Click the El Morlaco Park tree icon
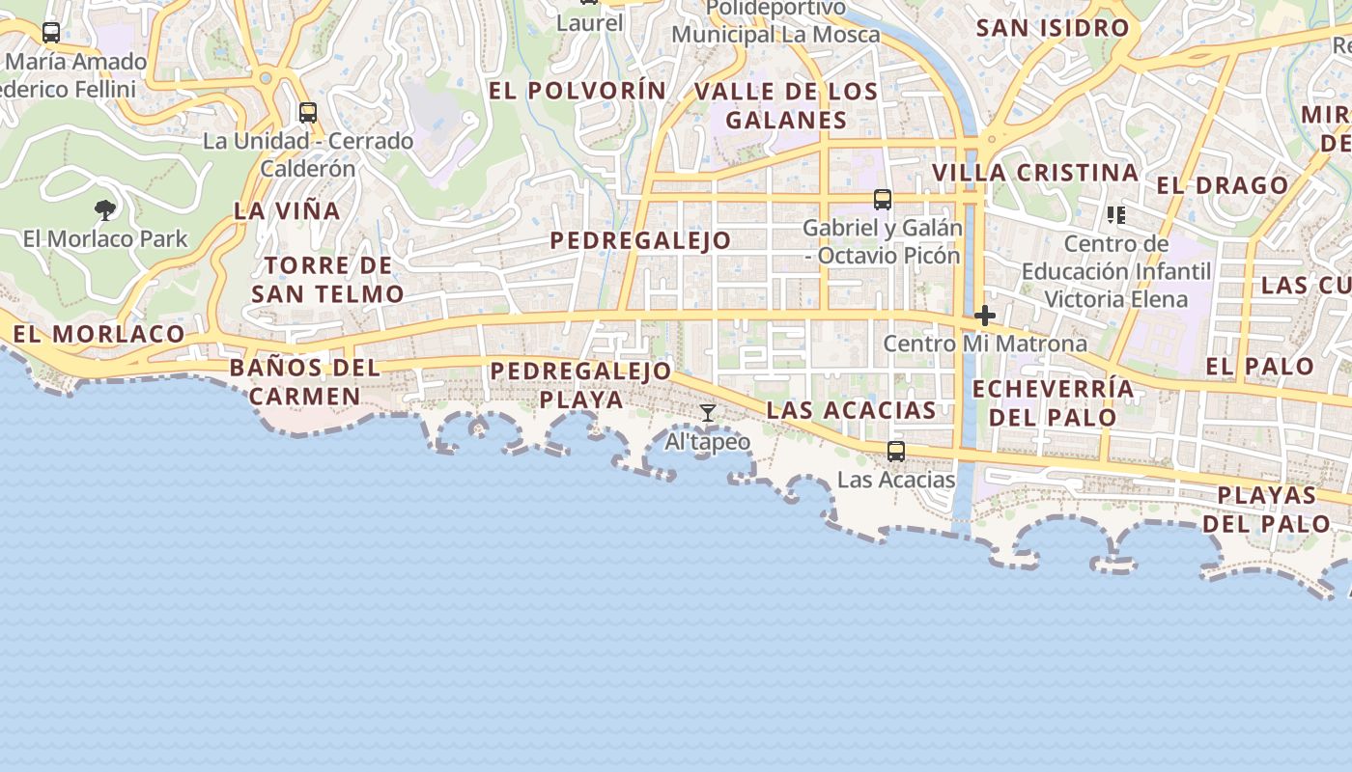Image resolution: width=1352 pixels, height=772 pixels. (x=105, y=209)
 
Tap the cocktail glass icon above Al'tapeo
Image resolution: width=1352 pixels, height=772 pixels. (x=708, y=413)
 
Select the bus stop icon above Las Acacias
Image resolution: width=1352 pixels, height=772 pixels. (x=896, y=451)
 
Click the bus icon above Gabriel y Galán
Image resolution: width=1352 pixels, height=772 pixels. (x=883, y=200)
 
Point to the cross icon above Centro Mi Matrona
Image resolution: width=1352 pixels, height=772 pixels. (x=985, y=316)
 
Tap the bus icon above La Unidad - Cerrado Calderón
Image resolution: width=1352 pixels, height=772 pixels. (x=308, y=113)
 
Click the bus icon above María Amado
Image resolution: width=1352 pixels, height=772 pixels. (x=51, y=33)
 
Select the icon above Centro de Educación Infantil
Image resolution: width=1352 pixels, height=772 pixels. (x=1116, y=214)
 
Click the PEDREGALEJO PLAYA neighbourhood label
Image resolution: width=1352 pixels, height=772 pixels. (x=580, y=385)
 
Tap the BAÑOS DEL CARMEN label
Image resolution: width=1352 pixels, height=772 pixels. (x=305, y=382)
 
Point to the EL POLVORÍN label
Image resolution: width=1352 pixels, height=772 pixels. (x=577, y=91)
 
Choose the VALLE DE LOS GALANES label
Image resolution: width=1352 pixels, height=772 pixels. (x=786, y=106)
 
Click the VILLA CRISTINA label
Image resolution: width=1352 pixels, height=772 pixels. (x=1035, y=173)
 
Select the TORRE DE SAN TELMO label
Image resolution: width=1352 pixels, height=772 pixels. (x=327, y=280)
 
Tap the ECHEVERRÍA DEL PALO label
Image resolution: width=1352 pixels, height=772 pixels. (x=1053, y=403)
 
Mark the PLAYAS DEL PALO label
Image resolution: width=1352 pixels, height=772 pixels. (x=1266, y=510)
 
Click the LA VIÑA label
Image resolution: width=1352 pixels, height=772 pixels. (x=287, y=210)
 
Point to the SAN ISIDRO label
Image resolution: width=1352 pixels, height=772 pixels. (x=1053, y=28)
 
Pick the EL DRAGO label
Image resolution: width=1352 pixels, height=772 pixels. (x=1223, y=185)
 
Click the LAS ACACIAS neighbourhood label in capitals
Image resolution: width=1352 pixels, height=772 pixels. (x=851, y=410)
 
